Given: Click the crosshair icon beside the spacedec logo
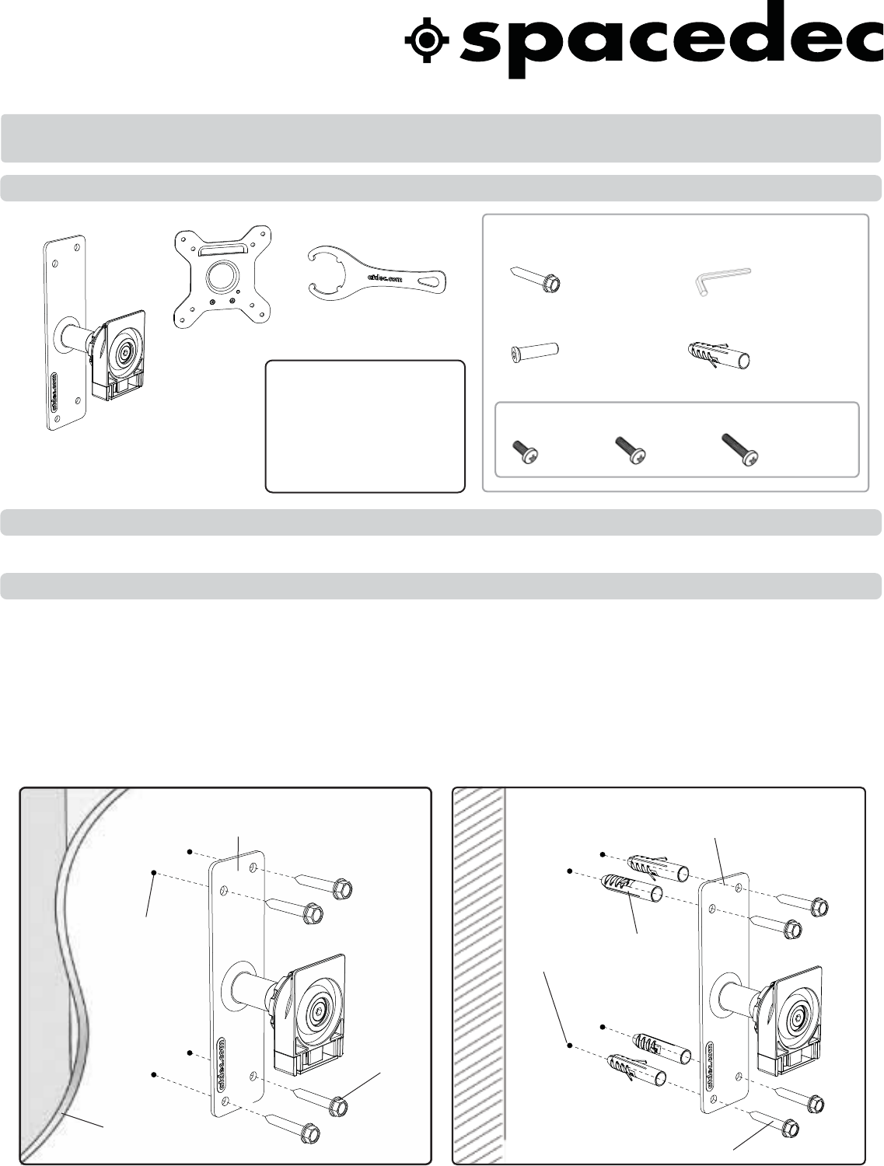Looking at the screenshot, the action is [427, 40].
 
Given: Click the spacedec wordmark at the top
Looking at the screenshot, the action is [672, 43].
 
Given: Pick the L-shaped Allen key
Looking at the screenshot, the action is [722, 281].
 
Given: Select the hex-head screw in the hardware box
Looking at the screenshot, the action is [535, 279].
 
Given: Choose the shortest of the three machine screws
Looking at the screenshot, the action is [525, 451].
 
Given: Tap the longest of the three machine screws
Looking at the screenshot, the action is [739, 449].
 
